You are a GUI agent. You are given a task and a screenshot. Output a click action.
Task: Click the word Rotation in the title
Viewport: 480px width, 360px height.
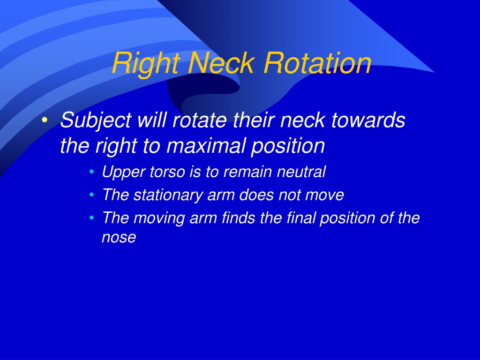pyautogui.click(x=317, y=63)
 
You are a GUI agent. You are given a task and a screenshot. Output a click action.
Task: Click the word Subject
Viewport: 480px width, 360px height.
pyautogui.click(x=96, y=120)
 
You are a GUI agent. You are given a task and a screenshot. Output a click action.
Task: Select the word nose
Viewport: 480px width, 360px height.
pyautogui.click(x=119, y=238)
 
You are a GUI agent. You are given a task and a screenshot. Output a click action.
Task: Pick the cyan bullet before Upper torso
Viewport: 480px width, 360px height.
pyautogui.click(x=92, y=172)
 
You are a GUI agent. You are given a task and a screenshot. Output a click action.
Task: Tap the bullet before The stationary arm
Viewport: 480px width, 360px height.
pyautogui.click(x=92, y=195)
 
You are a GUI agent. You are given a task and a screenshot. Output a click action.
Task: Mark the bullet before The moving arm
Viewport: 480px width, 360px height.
pyautogui.click(x=92, y=218)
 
